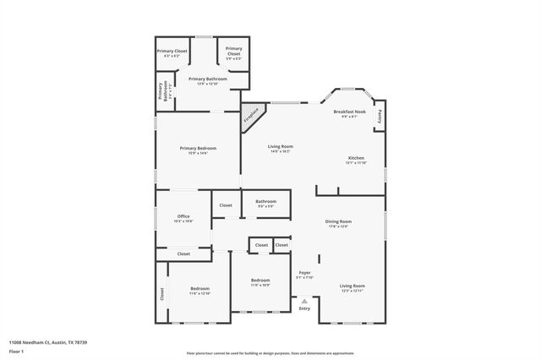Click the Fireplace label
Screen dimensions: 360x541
click(251, 117)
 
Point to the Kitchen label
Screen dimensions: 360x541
click(357, 160)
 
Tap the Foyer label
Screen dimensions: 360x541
click(305, 274)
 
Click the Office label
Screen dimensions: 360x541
click(183, 218)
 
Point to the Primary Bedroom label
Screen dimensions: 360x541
click(194, 150)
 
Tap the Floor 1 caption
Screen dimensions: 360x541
click(16, 350)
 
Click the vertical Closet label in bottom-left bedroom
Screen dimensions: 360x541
click(161, 293)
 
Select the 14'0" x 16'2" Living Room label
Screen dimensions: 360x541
click(279, 149)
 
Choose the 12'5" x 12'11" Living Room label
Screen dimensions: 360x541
click(352, 288)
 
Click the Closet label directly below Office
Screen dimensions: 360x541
click(183, 254)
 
